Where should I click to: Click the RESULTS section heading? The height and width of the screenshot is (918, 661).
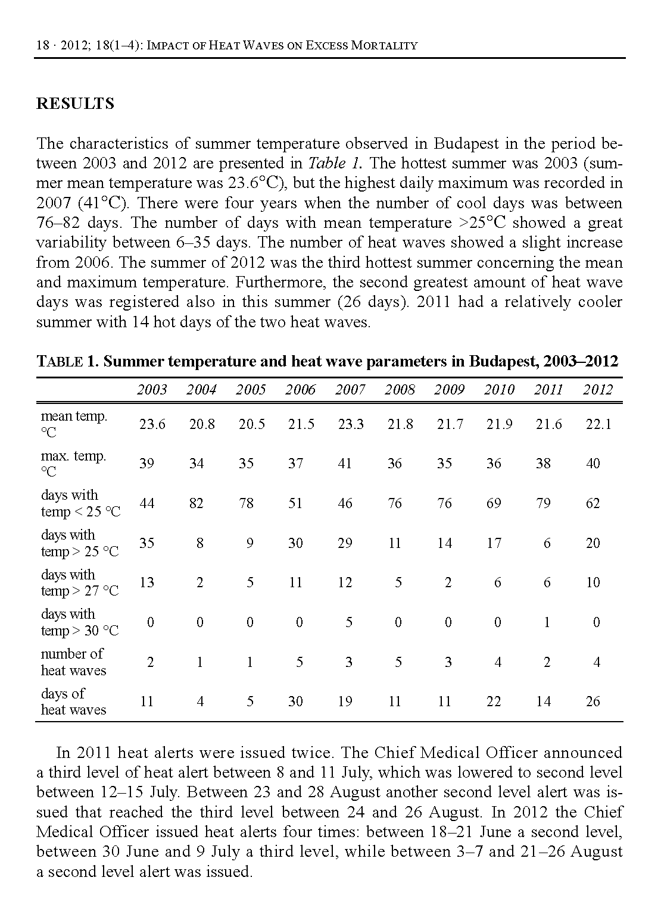pos(75,104)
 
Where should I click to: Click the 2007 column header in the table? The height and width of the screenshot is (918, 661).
pos(350,390)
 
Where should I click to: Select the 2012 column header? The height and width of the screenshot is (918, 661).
pos(597,390)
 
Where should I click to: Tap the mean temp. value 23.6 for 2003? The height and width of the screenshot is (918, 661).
pos(152,424)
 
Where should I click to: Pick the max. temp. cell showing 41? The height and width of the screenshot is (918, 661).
pos(345,463)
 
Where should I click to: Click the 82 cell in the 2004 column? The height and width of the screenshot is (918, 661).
pos(196,503)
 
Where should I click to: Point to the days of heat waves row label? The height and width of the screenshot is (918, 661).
pos(73,701)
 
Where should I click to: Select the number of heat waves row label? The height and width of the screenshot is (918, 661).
pos(73,662)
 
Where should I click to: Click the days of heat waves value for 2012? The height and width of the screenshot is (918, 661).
pos(593,701)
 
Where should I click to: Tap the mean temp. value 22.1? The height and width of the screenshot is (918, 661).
pos(597,424)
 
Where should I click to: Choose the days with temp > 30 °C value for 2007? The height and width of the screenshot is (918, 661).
pos(349,622)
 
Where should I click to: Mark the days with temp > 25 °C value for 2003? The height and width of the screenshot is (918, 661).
pos(146,543)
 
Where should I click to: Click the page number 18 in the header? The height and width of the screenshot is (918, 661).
pos(42,45)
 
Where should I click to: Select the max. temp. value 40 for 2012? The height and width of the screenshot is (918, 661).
pos(593,463)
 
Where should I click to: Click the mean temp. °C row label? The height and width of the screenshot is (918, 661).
pos(73,424)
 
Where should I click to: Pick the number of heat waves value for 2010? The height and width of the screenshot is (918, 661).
pos(498,662)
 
